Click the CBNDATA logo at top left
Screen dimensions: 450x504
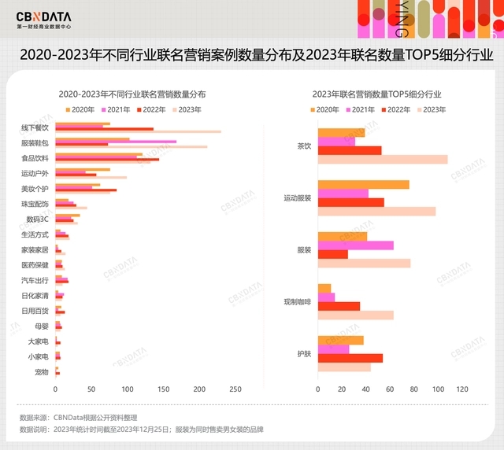point(43,17)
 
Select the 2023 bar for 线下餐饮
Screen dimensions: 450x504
point(138,132)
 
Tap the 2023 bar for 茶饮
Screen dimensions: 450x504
point(382,159)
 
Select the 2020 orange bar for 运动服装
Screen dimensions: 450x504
point(363,185)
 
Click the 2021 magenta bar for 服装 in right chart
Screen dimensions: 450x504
point(355,245)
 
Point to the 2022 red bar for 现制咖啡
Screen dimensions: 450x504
point(339,306)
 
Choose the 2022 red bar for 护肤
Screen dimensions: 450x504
point(350,358)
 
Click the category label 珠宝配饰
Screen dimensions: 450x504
point(35,204)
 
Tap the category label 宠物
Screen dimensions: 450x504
point(42,371)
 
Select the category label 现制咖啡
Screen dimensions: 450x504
point(297,302)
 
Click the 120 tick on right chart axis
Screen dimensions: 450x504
point(462,389)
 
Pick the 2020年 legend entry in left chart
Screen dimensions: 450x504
point(80,109)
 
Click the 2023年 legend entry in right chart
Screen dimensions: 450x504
point(431,109)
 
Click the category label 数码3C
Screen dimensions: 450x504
point(37,219)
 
